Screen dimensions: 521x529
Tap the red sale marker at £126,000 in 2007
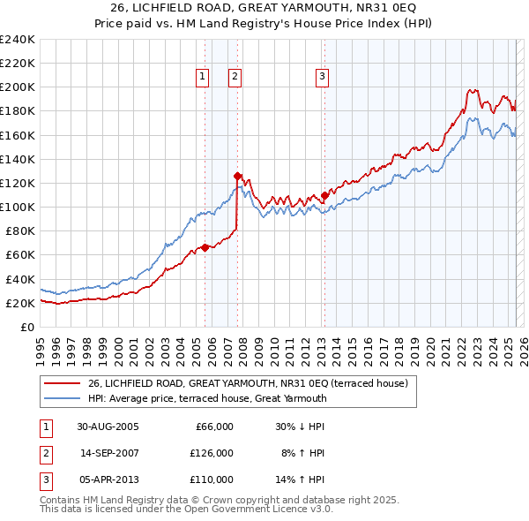[237, 176]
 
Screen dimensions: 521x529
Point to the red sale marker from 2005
[205, 247]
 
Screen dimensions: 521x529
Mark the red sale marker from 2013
[324, 195]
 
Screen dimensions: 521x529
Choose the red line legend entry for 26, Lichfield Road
[248, 383]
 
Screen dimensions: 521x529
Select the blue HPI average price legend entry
[207, 398]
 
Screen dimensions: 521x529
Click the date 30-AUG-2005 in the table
[108, 427]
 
